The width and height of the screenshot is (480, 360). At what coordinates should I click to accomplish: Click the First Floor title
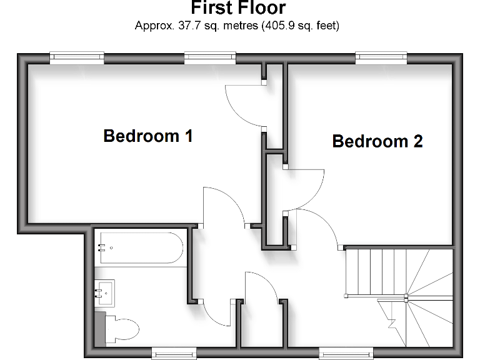pos(237,8)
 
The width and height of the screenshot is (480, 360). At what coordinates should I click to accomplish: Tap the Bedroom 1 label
pos(148,136)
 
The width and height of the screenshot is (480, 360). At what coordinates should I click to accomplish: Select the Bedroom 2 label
pos(377,141)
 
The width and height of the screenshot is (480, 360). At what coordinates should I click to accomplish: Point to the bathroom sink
pos(105,291)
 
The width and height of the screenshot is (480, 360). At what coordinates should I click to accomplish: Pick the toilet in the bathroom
pos(122,326)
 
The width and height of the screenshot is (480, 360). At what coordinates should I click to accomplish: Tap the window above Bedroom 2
pos(381,58)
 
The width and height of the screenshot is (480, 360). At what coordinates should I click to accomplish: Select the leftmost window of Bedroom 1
pos(76,58)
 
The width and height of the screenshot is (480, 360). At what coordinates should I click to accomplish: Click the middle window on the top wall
pos(209,58)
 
